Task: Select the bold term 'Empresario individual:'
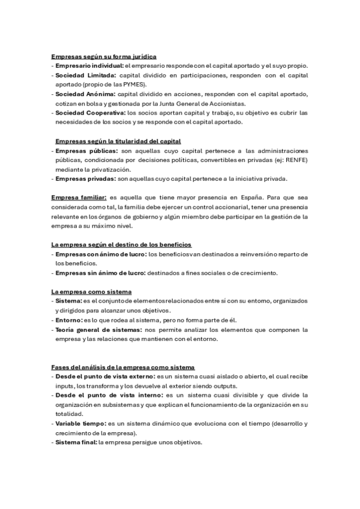(x=89, y=65)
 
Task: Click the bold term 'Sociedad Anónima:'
(x=85, y=95)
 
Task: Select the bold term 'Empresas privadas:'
(x=86, y=179)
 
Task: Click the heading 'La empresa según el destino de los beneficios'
(x=121, y=244)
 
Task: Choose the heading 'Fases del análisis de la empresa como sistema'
(x=123, y=367)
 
